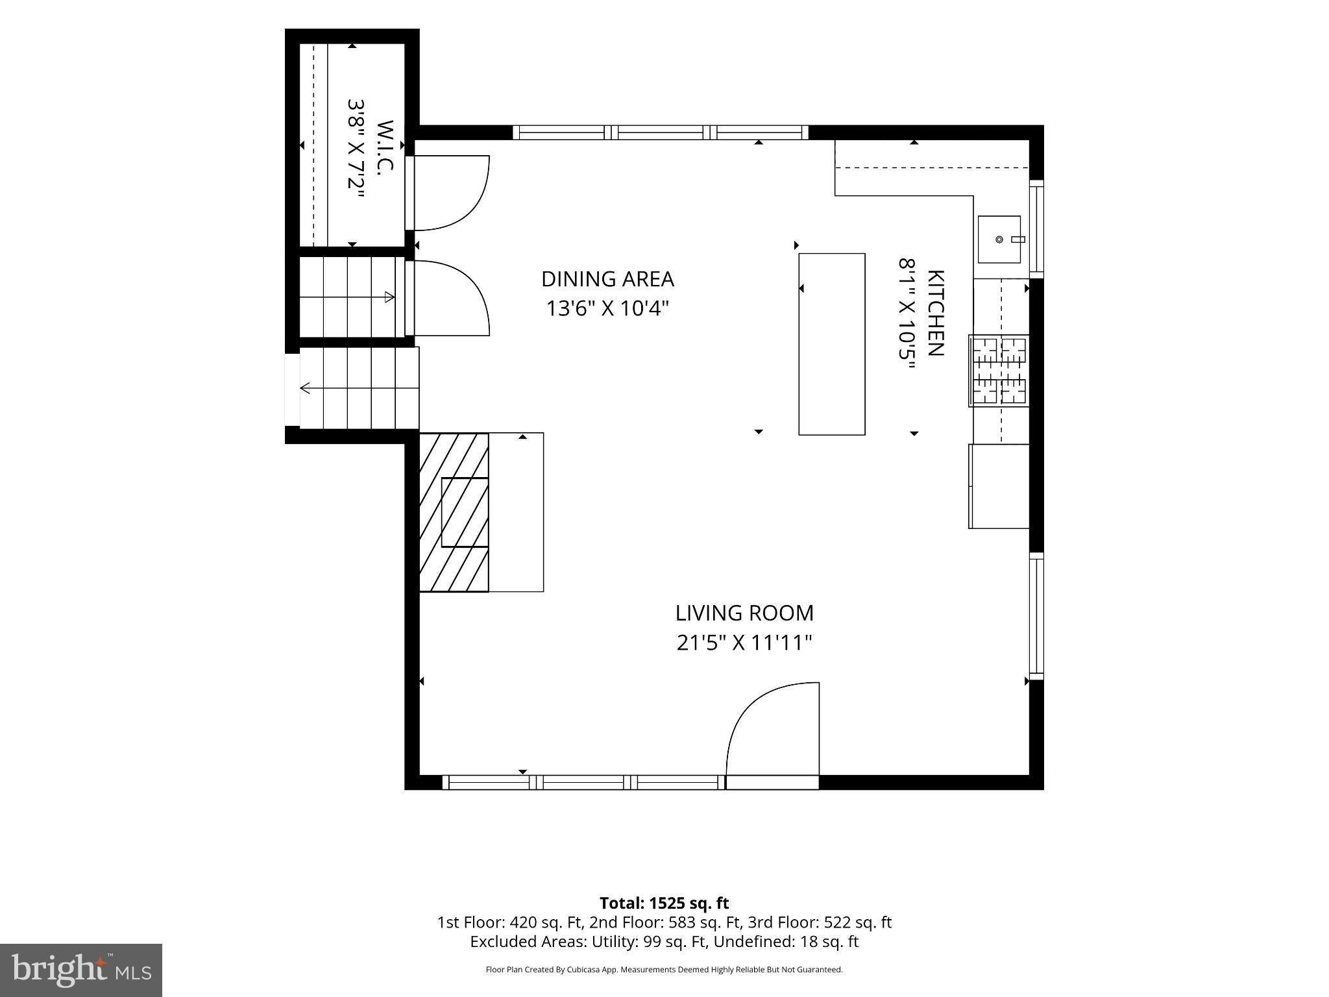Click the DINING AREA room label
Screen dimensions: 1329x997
(607, 279)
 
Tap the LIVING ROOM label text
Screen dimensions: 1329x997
(744, 613)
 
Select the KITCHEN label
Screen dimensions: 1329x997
(935, 313)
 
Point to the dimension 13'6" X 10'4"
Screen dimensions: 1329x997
(607, 308)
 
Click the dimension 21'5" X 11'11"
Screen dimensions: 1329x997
(744, 643)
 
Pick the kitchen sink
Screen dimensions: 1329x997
(999, 240)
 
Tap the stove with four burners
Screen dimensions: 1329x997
(999, 371)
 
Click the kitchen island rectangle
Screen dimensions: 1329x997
(832, 344)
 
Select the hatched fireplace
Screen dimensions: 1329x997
(454, 512)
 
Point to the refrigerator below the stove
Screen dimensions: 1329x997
(999, 486)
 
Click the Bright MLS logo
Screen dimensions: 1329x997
(81, 970)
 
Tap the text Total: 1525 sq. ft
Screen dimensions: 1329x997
(664, 903)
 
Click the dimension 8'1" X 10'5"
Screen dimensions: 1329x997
(907, 313)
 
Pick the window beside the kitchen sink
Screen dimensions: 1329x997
(1036, 228)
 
